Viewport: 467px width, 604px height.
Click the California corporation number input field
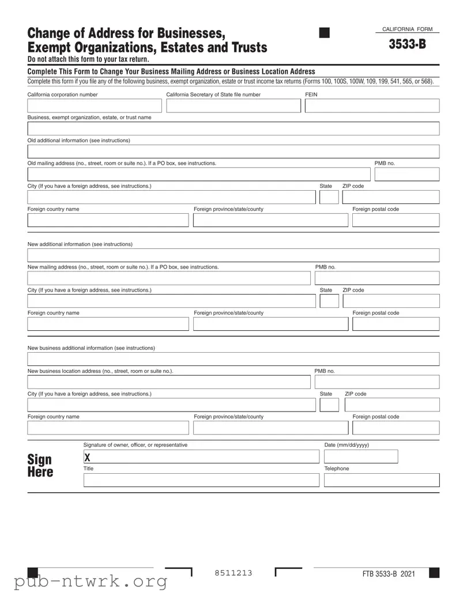[x=95, y=105]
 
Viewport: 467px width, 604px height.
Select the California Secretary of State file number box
[x=233, y=105]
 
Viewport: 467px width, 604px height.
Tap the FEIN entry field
[x=372, y=105]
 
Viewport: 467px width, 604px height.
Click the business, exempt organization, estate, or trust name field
[x=233, y=129]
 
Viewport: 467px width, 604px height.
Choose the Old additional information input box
[x=233, y=152]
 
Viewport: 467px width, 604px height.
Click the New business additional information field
[x=233, y=359]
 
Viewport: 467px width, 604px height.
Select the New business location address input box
[x=168, y=382]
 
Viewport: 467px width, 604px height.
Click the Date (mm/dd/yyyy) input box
[x=361, y=457]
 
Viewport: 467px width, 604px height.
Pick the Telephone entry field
[x=381, y=480]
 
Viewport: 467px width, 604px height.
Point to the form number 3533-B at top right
[x=407, y=44]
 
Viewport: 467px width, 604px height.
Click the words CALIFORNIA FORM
[x=407, y=29]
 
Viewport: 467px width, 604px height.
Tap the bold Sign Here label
[x=40, y=466]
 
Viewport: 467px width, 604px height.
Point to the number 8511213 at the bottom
[x=233, y=573]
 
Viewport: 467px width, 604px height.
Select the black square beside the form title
[x=324, y=33]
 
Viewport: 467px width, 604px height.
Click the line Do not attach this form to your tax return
[x=88, y=59]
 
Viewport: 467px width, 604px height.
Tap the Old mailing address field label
[x=122, y=163]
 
